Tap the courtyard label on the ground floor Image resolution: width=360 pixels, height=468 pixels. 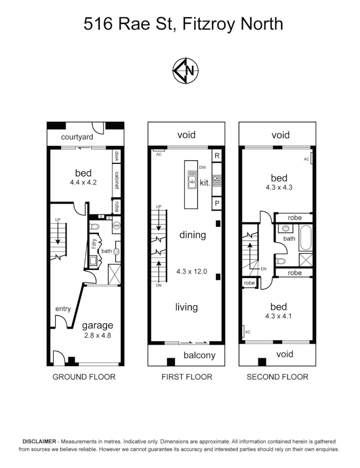click(x=77, y=137)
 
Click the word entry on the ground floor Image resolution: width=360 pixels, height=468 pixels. click(x=63, y=309)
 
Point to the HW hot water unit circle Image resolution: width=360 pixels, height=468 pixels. click(x=116, y=226)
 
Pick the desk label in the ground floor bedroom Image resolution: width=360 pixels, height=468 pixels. click(x=116, y=156)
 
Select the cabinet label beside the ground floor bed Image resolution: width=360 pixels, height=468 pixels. click(x=116, y=180)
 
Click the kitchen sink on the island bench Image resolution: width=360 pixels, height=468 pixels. click(x=191, y=180)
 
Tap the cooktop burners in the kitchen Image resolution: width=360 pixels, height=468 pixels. click(x=217, y=180)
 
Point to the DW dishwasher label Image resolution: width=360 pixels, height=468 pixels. click(x=202, y=167)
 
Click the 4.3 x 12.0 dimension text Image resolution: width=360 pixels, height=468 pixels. click(x=192, y=272)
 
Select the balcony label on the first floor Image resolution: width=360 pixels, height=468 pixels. click(x=199, y=356)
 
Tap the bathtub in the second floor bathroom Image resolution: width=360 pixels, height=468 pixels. click(x=305, y=238)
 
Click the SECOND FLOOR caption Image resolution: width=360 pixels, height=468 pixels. click(x=278, y=377)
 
